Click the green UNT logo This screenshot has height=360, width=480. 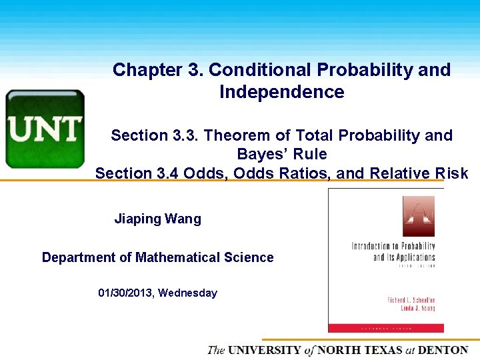coord(45,129)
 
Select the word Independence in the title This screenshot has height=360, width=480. coord(281,92)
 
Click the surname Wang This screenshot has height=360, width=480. coord(183,219)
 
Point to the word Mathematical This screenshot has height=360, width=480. coord(187,257)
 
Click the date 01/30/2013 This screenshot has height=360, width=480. coord(125,293)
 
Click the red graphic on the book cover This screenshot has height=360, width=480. coord(418,216)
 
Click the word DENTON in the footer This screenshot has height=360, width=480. coord(443,350)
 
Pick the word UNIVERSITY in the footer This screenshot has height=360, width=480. coord(265,350)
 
